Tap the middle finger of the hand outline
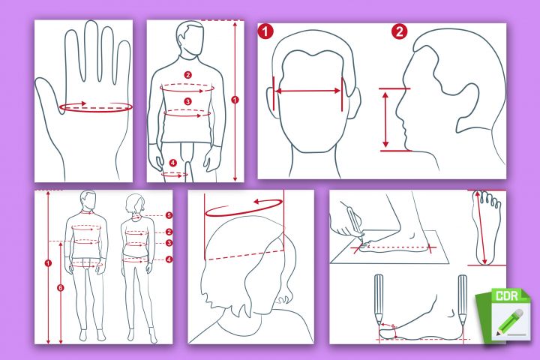[x=91, y=52]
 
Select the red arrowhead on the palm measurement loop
[x=82, y=103]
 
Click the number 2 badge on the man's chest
[x=187, y=75]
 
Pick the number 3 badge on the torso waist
[x=187, y=101]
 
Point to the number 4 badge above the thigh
[x=173, y=163]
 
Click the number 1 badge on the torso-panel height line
[x=235, y=100]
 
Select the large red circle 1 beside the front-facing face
[x=265, y=31]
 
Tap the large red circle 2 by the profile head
[x=399, y=31]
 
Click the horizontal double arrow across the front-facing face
[x=308, y=91]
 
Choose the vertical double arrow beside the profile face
[x=385, y=119]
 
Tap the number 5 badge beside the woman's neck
[x=169, y=215]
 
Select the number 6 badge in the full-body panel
[x=61, y=288]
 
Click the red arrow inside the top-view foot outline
[x=481, y=228]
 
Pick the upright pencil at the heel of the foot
[x=462, y=300]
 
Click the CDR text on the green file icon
[x=507, y=296]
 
